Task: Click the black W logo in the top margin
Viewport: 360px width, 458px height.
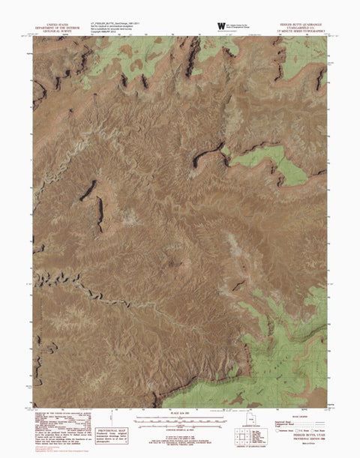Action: [x=221, y=25]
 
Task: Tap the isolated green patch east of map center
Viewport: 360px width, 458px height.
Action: [x=280, y=165]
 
